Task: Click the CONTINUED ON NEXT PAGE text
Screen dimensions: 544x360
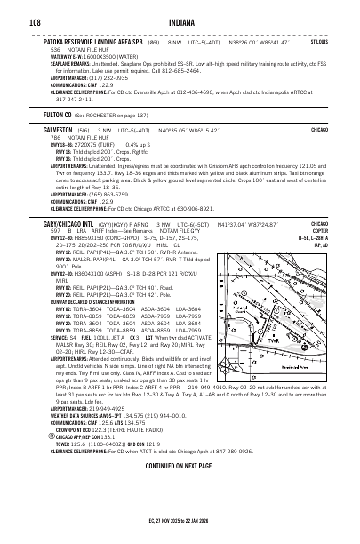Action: tap(180, 491)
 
